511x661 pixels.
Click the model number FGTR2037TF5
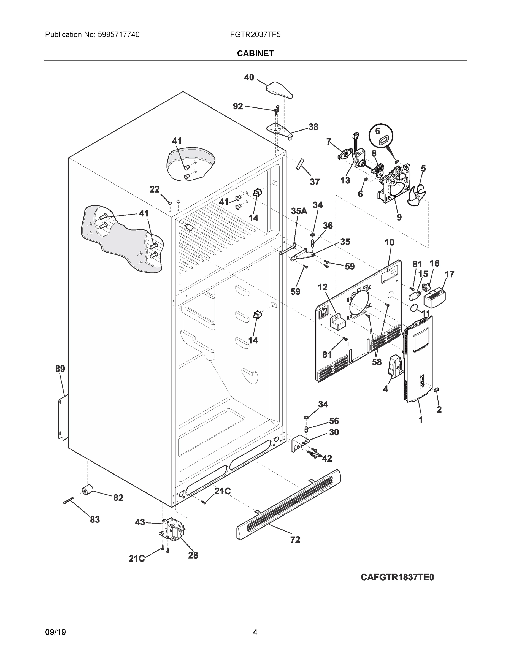point(255,34)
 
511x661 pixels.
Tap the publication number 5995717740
point(118,34)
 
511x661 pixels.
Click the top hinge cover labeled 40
point(279,90)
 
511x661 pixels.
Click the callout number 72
point(295,539)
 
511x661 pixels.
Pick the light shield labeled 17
point(435,298)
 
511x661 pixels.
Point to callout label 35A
point(299,211)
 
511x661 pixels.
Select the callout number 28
point(193,555)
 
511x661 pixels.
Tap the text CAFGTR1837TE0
point(397,578)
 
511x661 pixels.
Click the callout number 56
point(334,421)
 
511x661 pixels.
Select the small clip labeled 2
point(436,390)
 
